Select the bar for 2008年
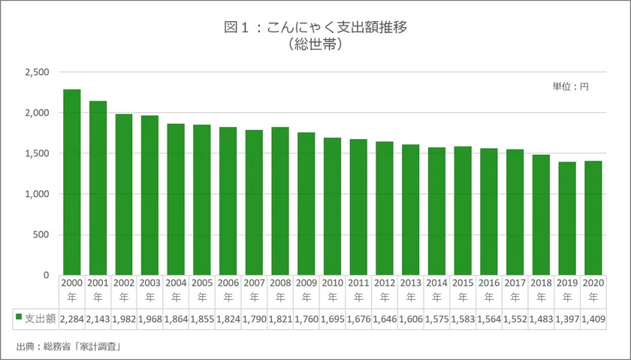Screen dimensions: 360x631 [x=280, y=201]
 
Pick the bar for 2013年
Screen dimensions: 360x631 [x=410, y=210]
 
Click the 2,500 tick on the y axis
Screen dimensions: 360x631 [x=36, y=72]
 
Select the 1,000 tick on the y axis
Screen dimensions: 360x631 [x=36, y=194]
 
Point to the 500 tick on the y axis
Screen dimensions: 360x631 [x=41, y=234]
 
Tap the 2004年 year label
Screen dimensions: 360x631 [x=176, y=291]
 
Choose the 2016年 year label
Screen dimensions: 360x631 [x=488, y=291]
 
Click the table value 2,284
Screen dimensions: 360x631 [x=72, y=319]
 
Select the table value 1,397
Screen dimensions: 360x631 [x=567, y=319]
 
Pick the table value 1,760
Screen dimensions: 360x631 [x=306, y=319]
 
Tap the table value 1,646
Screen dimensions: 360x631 [x=385, y=319]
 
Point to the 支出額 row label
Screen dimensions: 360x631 [x=39, y=319]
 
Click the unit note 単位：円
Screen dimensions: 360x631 [x=570, y=87]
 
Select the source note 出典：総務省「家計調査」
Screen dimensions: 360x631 [x=68, y=346]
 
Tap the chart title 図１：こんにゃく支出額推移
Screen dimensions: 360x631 [x=315, y=28]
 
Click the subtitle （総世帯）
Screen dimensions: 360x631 [x=315, y=45]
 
